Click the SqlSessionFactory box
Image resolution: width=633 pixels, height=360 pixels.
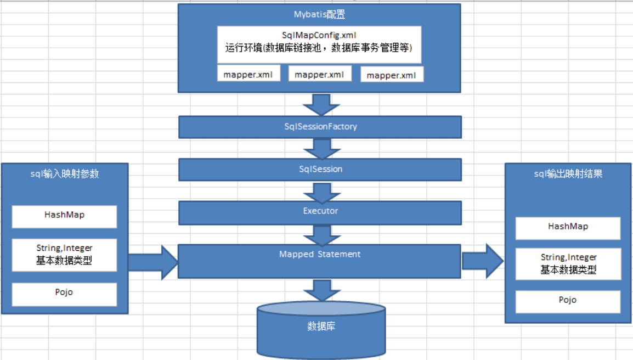pyautogui.click(x=320, y=127)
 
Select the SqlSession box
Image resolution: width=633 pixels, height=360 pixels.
pyautogui.click(x=320, y=169)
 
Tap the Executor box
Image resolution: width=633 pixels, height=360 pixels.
pyautogui.click(x=320, y=211)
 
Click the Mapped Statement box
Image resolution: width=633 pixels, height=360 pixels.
pyautogui.click(x=320, y=261)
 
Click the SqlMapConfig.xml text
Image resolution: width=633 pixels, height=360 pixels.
pyautogui.click(x=319, y=35)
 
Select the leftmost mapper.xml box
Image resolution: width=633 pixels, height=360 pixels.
pyautogui.click(x=248, y=75)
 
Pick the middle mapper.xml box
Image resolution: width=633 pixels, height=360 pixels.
pyautogui.click(x=319, y=74)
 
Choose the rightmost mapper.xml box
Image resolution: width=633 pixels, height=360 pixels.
pyautogui.click(x=392, y=75)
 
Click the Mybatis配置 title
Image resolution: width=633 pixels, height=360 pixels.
pyautogui.click(x=319, y=14)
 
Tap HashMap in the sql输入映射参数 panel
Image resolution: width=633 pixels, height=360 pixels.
pyautogui.click(x=65, y=216)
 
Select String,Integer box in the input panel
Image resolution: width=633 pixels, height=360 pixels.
pyautogui.click(x=65, y=255)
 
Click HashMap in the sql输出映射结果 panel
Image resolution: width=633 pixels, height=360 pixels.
pyautogui.click(x=568, y=227)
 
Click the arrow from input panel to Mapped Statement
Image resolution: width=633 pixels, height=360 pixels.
pyautogui.click(x=154, y=262)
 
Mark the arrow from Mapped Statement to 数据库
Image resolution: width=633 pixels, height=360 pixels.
pyautogui.click(x=320, y=290)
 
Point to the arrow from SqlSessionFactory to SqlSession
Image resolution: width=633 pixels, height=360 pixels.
pyautogui.click(x=320, y=148)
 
